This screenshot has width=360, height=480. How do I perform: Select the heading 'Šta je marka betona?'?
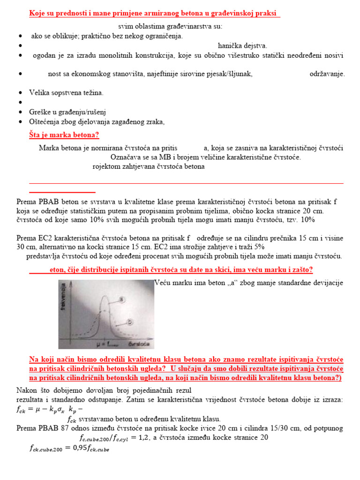[64, 135]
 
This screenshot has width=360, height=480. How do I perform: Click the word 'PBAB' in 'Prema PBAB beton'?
[44, 202]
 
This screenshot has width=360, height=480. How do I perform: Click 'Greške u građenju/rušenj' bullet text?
[68, 112]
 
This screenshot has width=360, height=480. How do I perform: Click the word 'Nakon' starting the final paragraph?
[26, 390]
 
